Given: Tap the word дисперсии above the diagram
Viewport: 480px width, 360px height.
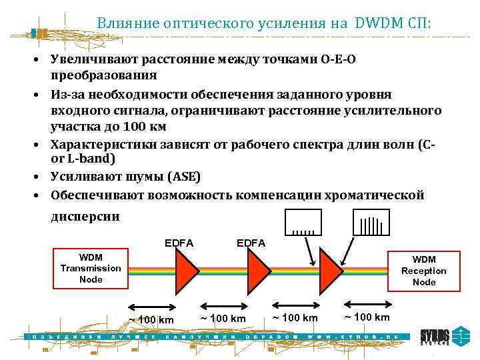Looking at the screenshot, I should [85, 216].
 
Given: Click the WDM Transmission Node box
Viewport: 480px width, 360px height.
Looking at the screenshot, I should [91, 268].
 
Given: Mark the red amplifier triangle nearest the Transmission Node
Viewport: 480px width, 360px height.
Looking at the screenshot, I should [187, 271].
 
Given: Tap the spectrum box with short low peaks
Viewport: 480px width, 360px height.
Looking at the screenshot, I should [303, 223].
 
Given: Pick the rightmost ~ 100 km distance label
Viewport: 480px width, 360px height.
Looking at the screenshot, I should [367, 316].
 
